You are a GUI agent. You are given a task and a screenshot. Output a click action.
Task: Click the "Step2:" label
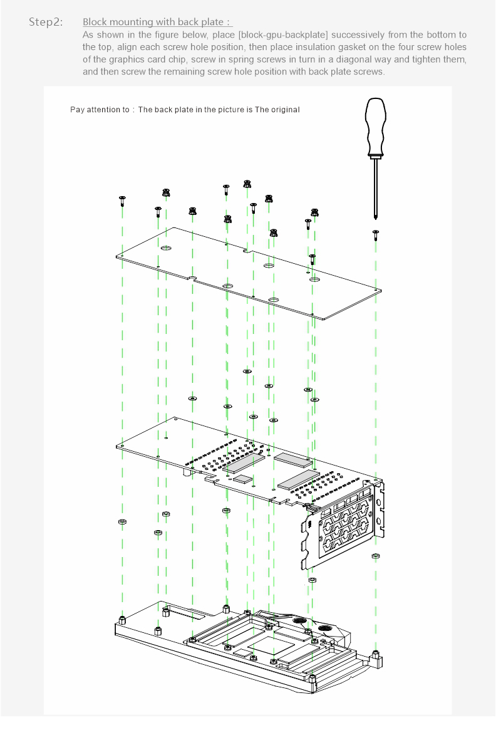(x=46, y=22)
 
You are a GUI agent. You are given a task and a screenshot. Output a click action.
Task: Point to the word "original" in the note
(x=284, y=110)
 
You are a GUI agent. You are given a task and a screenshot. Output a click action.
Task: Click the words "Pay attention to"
(x=100, y=110)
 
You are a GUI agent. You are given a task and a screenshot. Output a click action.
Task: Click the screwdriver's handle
(x=375, y=127)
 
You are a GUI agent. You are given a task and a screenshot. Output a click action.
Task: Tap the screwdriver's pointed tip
(x=375, y=217)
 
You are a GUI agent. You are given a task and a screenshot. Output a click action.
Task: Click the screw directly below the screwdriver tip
(x=376, y=234)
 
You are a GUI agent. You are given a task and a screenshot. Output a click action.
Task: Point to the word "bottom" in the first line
(x=440, y=34)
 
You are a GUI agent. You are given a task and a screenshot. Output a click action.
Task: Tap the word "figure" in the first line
(x=153, y=34)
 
